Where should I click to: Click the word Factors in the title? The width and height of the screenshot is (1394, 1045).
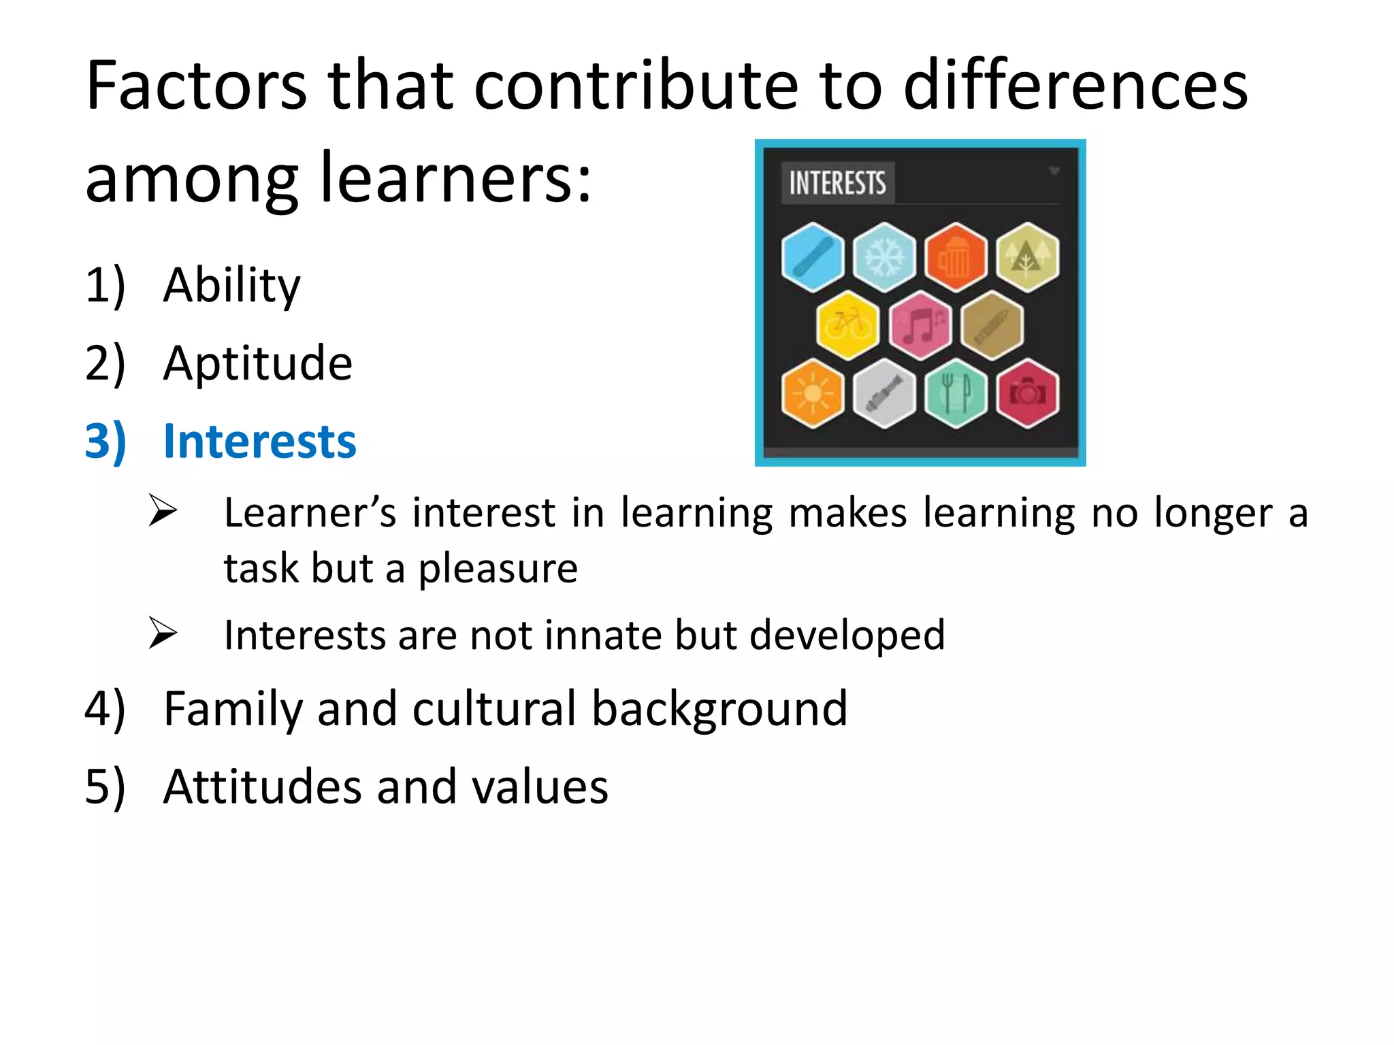197,86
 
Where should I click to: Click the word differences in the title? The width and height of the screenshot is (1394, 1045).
1075,86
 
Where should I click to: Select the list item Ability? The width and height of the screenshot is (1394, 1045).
231,285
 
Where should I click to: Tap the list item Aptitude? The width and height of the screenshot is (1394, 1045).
258,363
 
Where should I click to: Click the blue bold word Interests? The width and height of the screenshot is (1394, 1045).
259,442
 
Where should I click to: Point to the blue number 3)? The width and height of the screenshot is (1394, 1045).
106,442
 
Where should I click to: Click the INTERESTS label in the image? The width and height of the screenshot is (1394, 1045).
837,183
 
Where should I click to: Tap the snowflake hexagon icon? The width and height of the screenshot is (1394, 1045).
884,257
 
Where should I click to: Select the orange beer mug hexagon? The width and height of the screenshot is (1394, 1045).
956,257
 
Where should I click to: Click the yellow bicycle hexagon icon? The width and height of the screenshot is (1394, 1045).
847,325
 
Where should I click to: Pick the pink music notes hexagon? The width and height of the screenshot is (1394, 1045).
920,325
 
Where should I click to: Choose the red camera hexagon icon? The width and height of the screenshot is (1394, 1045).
1027,393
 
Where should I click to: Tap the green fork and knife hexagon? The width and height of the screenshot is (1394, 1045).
956,393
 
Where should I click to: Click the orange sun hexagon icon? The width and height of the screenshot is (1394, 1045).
813,393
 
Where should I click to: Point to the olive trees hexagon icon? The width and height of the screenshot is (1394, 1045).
1027,257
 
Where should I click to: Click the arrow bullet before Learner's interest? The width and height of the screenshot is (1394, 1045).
163,512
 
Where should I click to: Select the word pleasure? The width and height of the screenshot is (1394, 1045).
498,569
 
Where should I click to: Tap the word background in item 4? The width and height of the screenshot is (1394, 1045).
719,710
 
